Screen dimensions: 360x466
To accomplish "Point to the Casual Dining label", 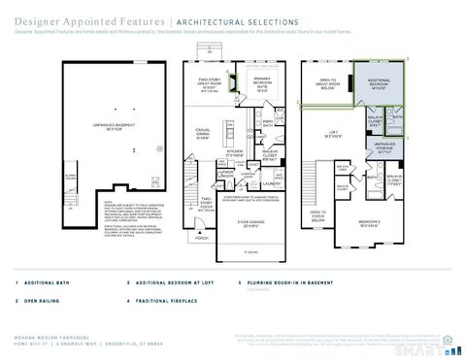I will point(202,134).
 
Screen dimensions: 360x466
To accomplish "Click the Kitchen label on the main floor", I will point(235,153).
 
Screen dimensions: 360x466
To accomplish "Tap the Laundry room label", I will point(271,183).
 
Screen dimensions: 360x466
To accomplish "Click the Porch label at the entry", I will point(202,237).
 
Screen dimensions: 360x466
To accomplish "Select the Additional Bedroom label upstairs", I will point(379,85).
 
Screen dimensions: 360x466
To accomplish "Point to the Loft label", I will point(332,135).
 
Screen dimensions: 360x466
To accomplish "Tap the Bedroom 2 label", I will point(371,222).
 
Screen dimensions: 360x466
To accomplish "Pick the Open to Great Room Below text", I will point(327,85).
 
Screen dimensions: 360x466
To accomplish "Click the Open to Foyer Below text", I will point(317,215).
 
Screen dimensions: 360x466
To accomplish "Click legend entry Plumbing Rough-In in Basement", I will point(285,283).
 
